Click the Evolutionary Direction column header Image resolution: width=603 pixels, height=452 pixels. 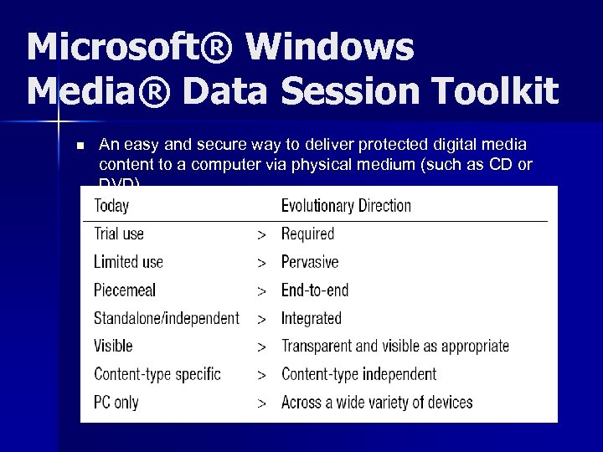[346, 205]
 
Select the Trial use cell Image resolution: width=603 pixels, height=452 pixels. [119, 234]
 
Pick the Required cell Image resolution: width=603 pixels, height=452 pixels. [307, 234]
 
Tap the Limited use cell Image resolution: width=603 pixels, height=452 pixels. [128, 262]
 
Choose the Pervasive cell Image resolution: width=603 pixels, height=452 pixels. [310, 262]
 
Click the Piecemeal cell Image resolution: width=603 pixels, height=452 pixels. [125, 290]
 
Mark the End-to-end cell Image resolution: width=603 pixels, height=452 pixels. [315, 290]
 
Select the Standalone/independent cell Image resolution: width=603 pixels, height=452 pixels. [167, 318]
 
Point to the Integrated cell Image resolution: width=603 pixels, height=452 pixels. [312, 318]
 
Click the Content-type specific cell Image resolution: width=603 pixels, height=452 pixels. [157, 374]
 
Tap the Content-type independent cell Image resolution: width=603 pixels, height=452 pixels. [358, 374]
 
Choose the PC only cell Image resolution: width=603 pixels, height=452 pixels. [116, 403]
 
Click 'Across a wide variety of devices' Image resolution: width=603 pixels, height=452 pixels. [377, 403]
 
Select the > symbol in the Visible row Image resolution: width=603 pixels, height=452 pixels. [262, 347]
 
